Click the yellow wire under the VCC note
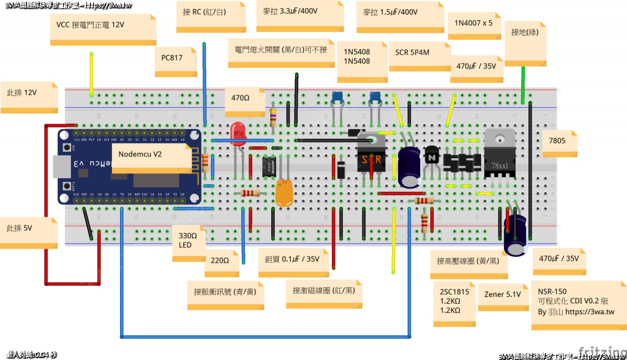92,73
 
